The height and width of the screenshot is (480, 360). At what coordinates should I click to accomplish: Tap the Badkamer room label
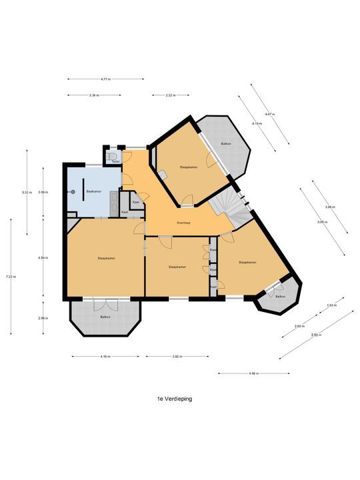[94, 192]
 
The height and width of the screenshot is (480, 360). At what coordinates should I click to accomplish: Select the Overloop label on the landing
[184, 222]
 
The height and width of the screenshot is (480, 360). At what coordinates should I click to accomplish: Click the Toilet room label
[115, 162]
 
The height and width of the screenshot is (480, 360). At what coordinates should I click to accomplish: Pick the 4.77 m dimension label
[105, 79]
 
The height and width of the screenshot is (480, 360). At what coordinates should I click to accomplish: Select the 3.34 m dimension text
[93, 95]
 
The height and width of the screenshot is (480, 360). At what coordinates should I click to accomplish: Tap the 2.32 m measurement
[169, 95]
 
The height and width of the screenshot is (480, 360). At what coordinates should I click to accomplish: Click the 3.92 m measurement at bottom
[177, 357]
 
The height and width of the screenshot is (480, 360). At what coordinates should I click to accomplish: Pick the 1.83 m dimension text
[330, 305]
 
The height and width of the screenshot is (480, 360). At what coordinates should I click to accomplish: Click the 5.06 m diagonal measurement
[322, 222]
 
